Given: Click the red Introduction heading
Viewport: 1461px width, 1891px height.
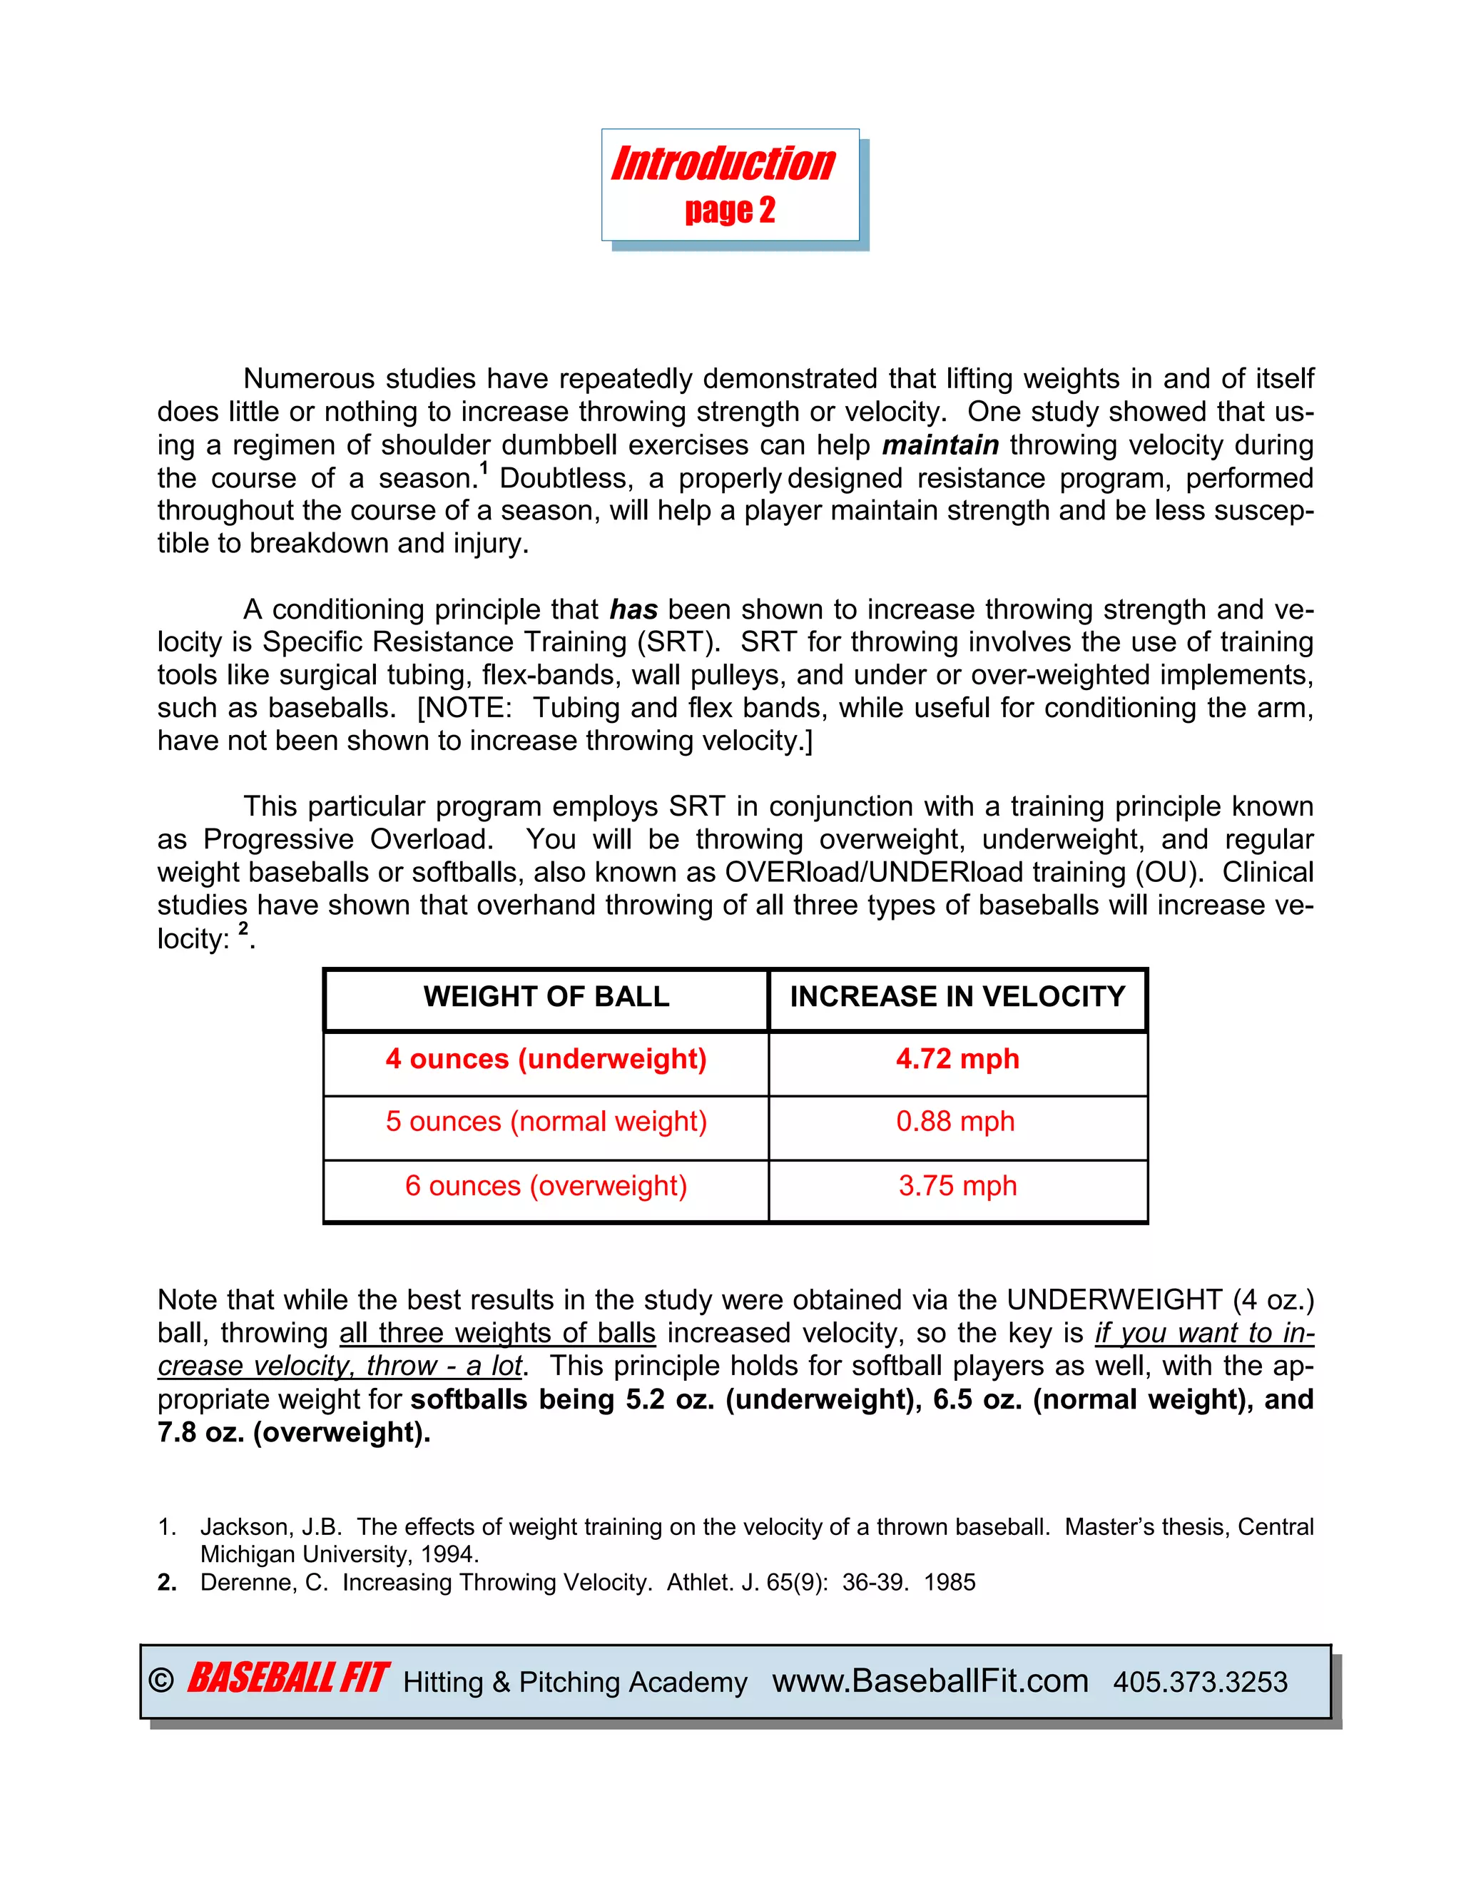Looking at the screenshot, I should click(723, 165).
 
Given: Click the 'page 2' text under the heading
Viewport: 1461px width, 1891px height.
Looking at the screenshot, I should click(730, 211).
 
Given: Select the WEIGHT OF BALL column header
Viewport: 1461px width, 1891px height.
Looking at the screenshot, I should click(546, 997).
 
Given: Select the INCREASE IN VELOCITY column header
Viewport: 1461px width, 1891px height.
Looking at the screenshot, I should click(957, 997).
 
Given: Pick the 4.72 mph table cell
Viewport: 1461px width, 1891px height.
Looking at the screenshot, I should click(957, 1059).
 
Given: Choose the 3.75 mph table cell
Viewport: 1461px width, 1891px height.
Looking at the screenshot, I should click(957, 1185).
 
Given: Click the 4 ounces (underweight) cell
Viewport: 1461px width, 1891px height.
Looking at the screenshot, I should click(546, 1059).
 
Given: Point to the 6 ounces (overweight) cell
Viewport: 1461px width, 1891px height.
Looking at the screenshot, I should click(546, 1185).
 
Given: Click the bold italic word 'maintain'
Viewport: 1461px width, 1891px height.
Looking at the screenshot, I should click(940, 445).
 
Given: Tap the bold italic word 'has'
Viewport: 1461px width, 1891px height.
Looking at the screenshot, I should click(633, 609).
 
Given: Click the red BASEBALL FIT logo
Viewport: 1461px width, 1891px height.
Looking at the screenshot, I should click(287, 1679).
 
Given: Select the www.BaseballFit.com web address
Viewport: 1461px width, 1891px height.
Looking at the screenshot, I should click(930, 1680).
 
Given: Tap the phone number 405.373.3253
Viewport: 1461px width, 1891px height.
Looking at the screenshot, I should click(1200, 1683).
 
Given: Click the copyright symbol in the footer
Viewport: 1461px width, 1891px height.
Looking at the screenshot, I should click(161, 1680).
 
